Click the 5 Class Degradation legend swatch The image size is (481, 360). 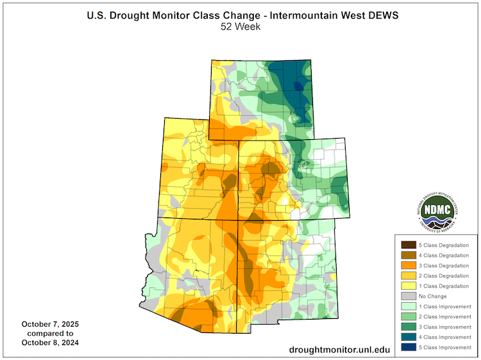pyautogui.click(x=407, y=244)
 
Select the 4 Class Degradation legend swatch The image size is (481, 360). pyautogui.click(x=407, y=255)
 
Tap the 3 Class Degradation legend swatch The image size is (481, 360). pyautogui.click(x=407, y=265)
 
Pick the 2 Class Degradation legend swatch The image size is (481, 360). pyautogui.click(x=407, y=275)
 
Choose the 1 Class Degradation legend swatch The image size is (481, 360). pyautogui.click(x=407, y=286)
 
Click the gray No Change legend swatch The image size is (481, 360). pyautogui.click(x=407, y=296)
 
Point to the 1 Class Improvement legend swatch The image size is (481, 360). pyautogui.click(x=407, y=306)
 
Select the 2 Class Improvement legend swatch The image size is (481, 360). pyautogui.click(x=407, y=316)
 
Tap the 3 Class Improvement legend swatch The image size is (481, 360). pyautogui.click(x=407, y=327)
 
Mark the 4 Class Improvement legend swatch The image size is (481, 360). pyautogui.click(x=407, y=337)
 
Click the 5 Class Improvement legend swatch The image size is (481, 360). pyautogui.click(x=407, y=347)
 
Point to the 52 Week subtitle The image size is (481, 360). pyautogui.click(x=240, y=26)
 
